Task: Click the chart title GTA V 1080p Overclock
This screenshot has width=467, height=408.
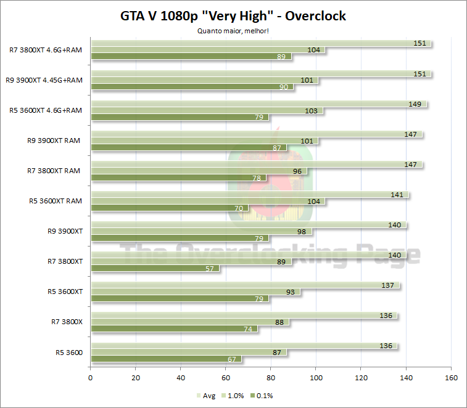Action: click(x=233, y=16)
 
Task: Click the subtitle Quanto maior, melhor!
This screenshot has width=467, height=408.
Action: click(x=233, y=30)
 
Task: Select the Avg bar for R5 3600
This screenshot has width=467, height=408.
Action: click(x=244, y=346)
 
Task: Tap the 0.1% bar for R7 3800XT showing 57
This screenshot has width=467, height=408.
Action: click(x=155, y=269)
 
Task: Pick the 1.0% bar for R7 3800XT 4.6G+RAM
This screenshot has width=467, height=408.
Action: click(x=207, y=50)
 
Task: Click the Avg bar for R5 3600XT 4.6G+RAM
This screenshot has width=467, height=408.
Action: click(x=258, y=104)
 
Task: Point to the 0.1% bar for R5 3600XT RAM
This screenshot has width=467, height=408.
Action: click(x=169, y=208)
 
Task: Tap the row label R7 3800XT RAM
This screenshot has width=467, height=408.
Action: click(x=54, y=171)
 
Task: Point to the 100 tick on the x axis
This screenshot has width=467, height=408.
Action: click(x=316, y=378)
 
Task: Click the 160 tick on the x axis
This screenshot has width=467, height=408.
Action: click(x=451, y=378)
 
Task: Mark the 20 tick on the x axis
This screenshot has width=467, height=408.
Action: click(x=136, y=378)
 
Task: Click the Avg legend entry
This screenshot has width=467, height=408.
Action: click(x=206, y=396)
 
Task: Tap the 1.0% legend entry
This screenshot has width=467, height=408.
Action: click(x=233, y=396)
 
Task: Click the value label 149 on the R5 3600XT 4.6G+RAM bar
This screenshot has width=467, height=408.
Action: click(x=415, y=104)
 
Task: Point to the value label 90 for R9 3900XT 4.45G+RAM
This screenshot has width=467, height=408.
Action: click(x=284, y=87)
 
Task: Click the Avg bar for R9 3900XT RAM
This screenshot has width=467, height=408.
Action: click(x=256, y=134)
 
